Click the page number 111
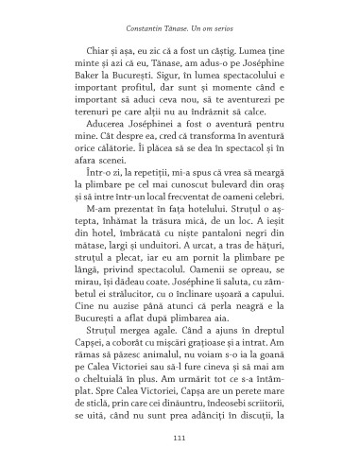(x=180, y=436)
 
